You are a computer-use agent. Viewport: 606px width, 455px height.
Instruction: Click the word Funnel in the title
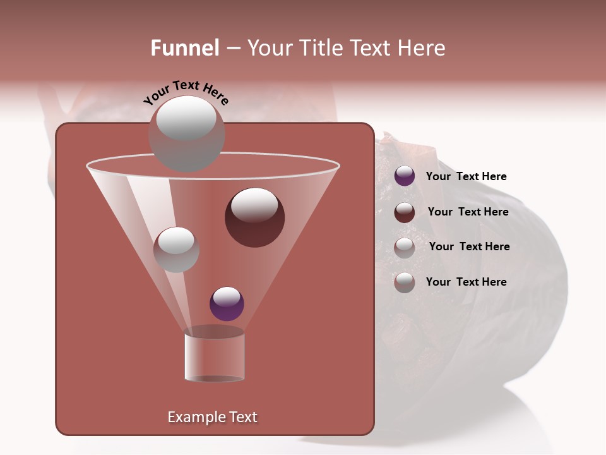click(x=184, y=48)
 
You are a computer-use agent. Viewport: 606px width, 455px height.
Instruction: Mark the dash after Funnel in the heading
click(x=232, y=49)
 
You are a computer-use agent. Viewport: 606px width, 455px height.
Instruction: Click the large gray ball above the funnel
click(x=186, y=134)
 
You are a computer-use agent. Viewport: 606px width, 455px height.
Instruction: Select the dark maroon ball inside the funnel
click(x=254, y=218)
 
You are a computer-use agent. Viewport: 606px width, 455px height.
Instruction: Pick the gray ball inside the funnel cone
click(x=176, y=250)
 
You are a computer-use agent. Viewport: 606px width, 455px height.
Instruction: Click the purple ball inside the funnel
click(x=227, y=303)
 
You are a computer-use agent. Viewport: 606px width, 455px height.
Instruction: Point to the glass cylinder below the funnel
click(x=214, y=357)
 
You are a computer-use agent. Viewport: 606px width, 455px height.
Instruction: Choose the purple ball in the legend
click(x=405, y=176)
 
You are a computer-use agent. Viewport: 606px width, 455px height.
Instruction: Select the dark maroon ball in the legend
click(x=405, y=212)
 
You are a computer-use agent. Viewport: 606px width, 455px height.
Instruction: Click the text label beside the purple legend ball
click(x=466, y=176)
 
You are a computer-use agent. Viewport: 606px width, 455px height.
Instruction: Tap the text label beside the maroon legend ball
click(x=468, y=212)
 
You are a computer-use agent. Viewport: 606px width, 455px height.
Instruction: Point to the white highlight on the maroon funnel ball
click(x=254, y=204)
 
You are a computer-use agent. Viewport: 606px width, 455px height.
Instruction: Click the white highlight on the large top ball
click(x=186, y=118)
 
